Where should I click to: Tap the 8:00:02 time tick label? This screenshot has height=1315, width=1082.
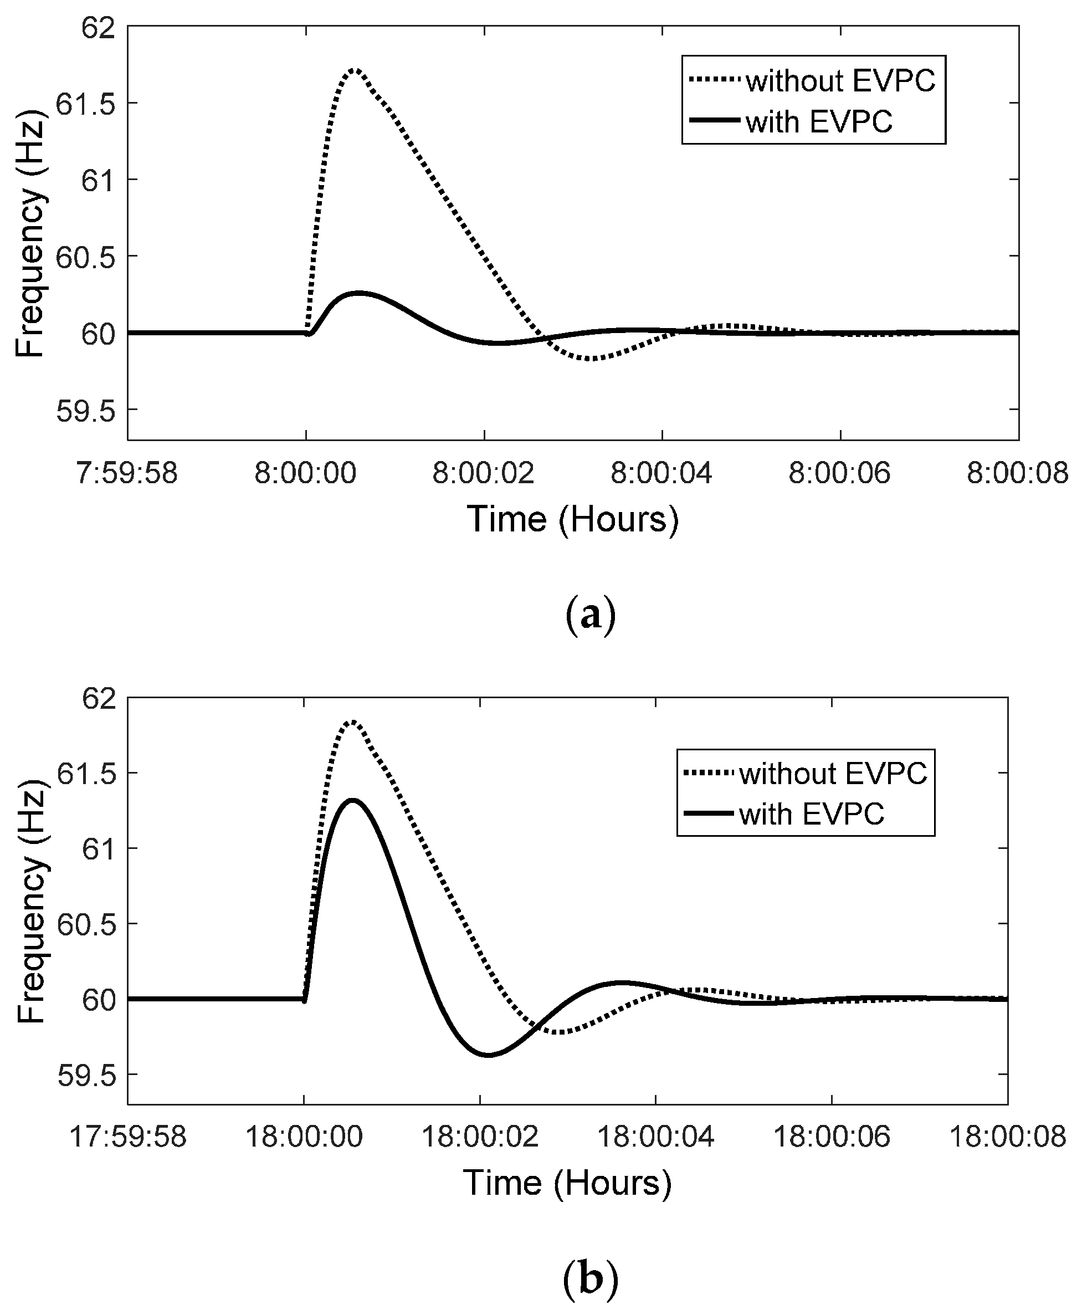pos(484,473)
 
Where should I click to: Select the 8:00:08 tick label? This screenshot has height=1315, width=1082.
pos(1017,473)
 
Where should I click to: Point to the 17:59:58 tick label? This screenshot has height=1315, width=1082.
pos(127,1136)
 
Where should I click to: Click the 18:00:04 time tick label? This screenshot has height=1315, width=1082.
pos(656,1136)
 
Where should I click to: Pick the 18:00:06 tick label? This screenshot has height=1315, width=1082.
pos(832,1136)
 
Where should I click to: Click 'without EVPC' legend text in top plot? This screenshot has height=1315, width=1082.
pos(841,81)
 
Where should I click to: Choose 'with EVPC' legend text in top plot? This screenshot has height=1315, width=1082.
pos(819,121)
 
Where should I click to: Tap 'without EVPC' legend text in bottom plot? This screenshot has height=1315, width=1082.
pos(833,773)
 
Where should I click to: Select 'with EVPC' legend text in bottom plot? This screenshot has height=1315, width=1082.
pos(812,813)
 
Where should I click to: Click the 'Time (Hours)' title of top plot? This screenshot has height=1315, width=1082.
pos(573,519)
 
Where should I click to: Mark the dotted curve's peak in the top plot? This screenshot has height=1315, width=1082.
pos(355,69)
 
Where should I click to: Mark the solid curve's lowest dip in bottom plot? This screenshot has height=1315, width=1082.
pos(489,1055)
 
